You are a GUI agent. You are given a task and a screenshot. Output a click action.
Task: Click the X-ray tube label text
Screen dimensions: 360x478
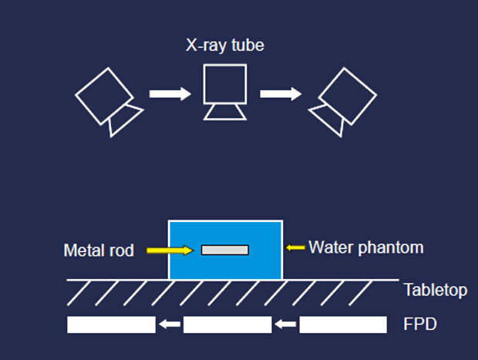click(225, 46)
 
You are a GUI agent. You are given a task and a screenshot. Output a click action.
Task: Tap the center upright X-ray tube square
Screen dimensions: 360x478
click(225, 84)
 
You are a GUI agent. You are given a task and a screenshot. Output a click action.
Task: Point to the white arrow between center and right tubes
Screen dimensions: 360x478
click(280, 94)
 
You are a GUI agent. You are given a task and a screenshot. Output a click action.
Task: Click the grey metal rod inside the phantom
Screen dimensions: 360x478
click(225, 250)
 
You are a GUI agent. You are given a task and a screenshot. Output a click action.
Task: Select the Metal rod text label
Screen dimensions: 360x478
click(99, 251)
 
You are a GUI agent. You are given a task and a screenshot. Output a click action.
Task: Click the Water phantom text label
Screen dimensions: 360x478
click(366, 247)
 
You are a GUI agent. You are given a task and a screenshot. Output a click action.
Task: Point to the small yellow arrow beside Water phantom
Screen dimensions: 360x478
click(295, 247)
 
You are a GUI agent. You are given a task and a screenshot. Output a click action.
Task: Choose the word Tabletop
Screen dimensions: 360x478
click(436, 291)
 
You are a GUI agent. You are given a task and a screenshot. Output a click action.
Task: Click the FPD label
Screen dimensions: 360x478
click(420, 325)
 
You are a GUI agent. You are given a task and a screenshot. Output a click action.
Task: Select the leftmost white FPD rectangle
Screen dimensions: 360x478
click(111, 325)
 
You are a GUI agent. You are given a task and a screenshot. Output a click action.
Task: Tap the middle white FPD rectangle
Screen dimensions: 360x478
click(227, 325)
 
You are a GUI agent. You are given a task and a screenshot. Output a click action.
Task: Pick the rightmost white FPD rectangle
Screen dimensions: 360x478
click(342, 325)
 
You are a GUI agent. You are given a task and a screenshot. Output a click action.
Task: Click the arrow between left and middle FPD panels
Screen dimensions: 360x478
click(170, 325)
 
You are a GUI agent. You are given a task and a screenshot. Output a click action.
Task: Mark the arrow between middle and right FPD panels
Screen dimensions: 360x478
click(285, 325)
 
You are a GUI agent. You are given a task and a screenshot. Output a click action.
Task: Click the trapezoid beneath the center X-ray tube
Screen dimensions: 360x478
click(225, 112)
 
